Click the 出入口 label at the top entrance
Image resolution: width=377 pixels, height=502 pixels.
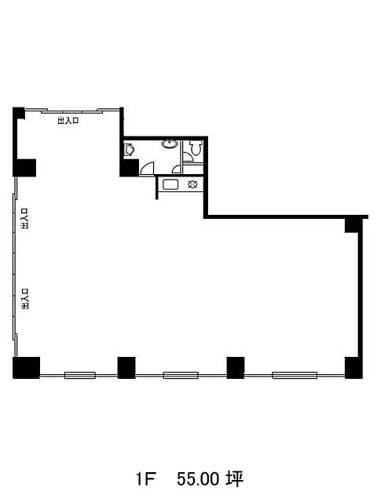point(68,121)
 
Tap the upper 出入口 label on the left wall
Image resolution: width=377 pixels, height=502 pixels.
point(24,219)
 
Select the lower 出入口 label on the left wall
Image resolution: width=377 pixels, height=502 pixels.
point(24,299)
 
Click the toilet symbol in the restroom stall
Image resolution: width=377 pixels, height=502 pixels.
point(196,147)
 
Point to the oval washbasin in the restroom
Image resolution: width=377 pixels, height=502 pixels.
point(170,144)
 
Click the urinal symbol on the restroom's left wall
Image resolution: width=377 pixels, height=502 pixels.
point(129,150)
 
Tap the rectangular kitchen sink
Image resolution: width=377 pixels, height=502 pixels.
point(170,184)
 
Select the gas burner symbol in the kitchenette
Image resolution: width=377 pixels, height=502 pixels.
point(192,184)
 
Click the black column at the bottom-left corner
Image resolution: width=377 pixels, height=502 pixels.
point(26,368)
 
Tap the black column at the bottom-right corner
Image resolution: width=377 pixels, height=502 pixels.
point(353,368)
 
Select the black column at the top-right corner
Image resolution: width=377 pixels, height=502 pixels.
point(353,224)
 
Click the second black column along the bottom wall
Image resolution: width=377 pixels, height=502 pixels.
point(126,368)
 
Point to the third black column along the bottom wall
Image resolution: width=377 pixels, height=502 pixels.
point(236,368)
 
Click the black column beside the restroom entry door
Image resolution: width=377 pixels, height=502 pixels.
point(130,167)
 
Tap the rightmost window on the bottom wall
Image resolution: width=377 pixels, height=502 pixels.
point(295,375)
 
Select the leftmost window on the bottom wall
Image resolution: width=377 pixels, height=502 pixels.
point(80,375)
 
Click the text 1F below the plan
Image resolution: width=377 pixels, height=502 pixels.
point(145,479)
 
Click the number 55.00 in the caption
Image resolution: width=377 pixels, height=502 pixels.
point(198,479)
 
